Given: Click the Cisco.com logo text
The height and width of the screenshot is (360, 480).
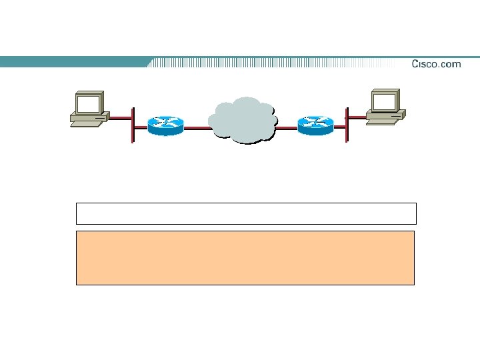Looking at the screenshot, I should click(436, 64).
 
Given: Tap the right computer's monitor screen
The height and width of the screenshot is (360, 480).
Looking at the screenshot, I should click(385, 101).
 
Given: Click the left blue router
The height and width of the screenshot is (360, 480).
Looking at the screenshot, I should click(165, 126).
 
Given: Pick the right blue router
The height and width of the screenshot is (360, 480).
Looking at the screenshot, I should click(315, 125).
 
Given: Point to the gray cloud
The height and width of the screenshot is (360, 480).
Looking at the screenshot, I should click(243, 121).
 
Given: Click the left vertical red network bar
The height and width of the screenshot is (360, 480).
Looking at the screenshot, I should click(133, 125).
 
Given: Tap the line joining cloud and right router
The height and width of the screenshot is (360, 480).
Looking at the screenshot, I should click(287, 127).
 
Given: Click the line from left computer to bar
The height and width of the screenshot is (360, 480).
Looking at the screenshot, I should click(121, 118).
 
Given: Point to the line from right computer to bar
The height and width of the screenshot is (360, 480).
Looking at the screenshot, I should click(357, 117).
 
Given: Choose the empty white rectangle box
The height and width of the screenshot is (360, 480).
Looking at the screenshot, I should click(246, 213).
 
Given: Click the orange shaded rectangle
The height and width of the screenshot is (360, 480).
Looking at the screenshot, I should click(245, 258).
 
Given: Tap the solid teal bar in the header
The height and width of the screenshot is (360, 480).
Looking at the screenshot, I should click(73, 62).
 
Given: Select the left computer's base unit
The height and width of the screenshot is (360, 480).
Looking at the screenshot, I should click(89, 120).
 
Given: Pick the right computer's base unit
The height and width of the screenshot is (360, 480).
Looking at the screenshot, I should click(385, 117).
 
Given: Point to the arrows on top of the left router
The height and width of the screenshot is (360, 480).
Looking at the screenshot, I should click(165, 122).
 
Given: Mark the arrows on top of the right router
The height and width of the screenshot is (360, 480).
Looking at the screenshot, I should click(315, 121).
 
